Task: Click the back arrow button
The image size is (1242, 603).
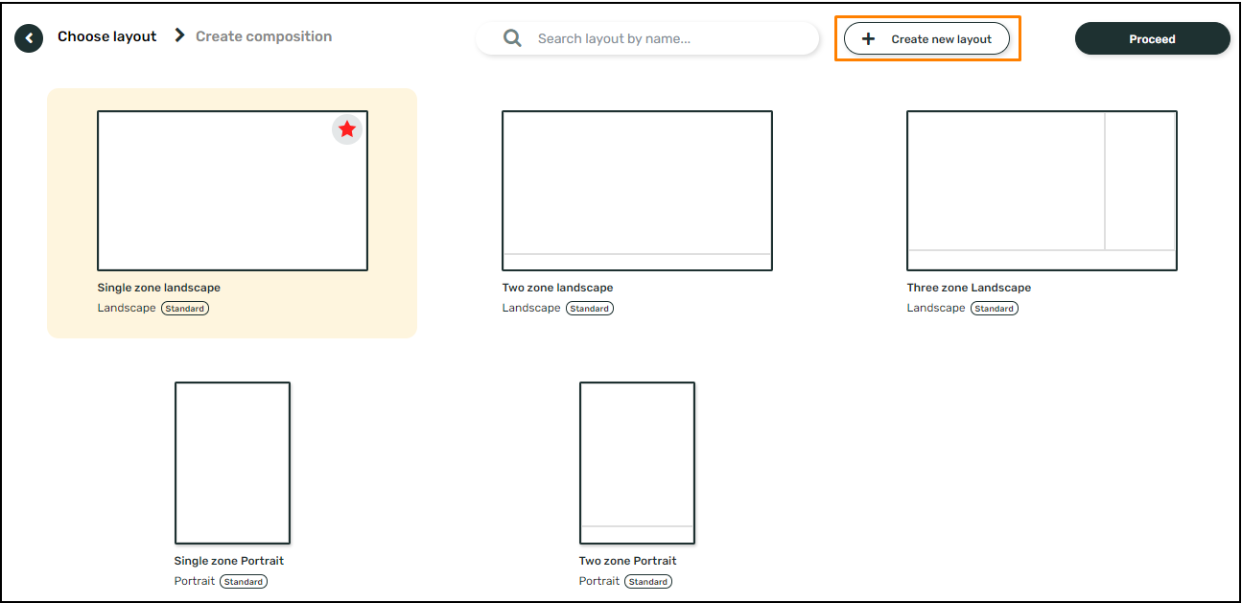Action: coord(29,38)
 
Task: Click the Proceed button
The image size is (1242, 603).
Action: coord(1152,39)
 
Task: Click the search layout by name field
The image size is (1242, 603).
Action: coord(662,39)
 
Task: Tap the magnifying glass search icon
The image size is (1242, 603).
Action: coord(513,39)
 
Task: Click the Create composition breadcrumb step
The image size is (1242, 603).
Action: coord(264,36)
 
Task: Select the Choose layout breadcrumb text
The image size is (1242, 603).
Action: coord(106,36)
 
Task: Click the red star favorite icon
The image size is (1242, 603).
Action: coord(347,129)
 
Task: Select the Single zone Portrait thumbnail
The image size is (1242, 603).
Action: coord(232,463)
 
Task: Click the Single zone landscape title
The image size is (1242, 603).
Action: coord(159,288)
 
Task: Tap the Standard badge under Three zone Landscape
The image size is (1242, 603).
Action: coord(995,309)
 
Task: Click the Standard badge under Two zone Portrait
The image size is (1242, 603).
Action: coord(648,582)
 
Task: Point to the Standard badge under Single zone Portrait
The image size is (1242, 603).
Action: coord(244,582)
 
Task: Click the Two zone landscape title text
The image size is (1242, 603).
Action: coord(557,288)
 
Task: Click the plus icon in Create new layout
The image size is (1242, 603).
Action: coord(869,39)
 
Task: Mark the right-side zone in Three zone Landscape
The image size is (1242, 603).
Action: coord(1140,181)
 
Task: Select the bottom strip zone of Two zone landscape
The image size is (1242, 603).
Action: coord(637,262)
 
